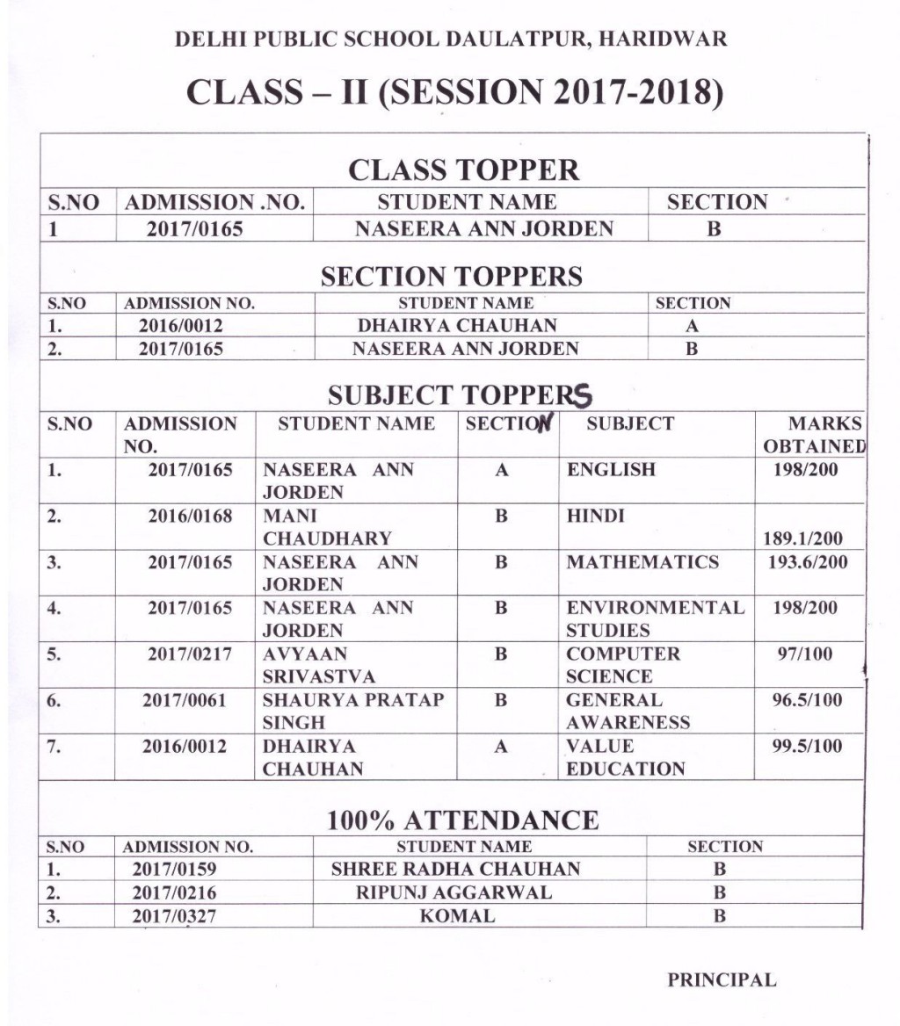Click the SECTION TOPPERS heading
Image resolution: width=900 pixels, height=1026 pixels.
(451, 277)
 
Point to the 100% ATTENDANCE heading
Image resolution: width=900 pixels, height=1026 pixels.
(462, 820)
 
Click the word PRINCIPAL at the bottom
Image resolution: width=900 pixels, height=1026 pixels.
(722, 980)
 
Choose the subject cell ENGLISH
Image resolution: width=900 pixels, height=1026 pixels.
(611, 470)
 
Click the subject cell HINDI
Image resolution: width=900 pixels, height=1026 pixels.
(595, 516)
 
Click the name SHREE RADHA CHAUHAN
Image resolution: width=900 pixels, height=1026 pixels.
(455, 870)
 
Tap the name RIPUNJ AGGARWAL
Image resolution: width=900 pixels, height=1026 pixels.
(454, 893)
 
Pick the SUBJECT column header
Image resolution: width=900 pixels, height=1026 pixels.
(629, 424)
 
